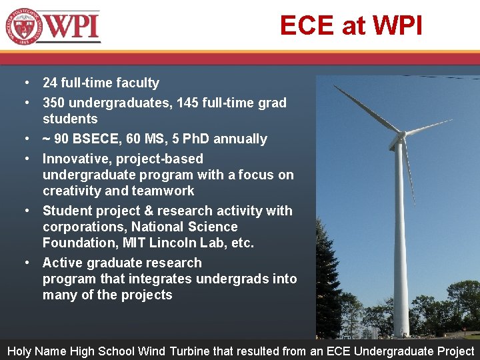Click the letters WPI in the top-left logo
coord(74,26)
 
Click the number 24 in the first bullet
coord(50,83)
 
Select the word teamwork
coord(163,191)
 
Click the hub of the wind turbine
coord(400,139)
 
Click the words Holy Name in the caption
coord(33,351)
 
